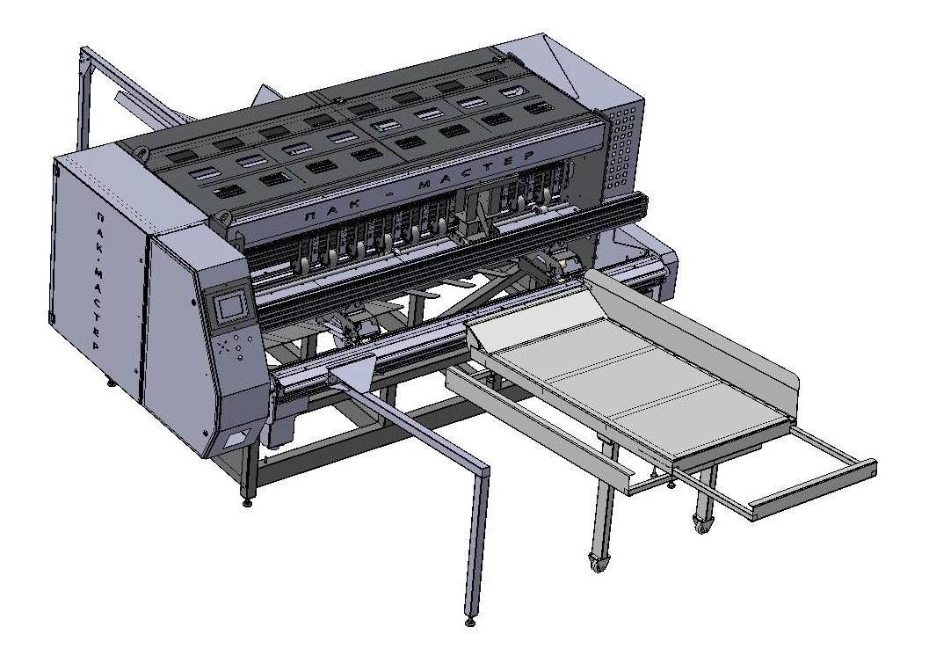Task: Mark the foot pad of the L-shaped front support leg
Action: click(471, 622)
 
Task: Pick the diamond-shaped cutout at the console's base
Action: click(236, 439)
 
